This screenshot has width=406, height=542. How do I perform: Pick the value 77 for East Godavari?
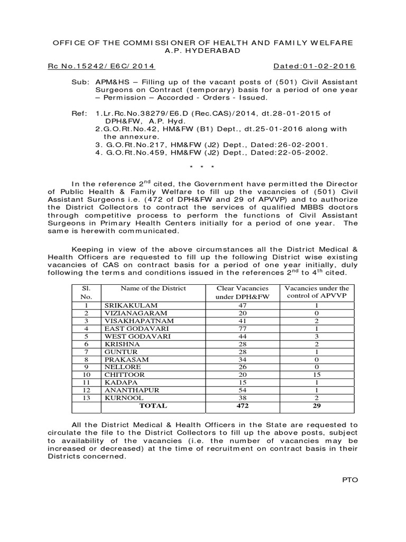click(x=243, y=328)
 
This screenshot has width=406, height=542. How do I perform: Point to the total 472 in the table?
click(x=243, y=406)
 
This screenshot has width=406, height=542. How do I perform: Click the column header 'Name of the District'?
click(x=153, y=288)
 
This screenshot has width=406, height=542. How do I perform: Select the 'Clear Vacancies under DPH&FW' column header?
click(x=243, y=293)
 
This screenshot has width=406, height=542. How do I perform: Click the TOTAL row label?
click(x=153, y=406)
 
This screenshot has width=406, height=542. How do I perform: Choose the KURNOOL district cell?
click(x=123, y=397)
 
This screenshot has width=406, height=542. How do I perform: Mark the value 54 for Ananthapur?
click(x=243, y=390)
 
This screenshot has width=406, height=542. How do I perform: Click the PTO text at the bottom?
click(x=350, y=480)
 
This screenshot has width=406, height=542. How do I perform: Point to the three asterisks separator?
click(x=204, y=168)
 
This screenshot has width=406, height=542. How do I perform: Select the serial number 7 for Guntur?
click(x=86, y=351)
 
